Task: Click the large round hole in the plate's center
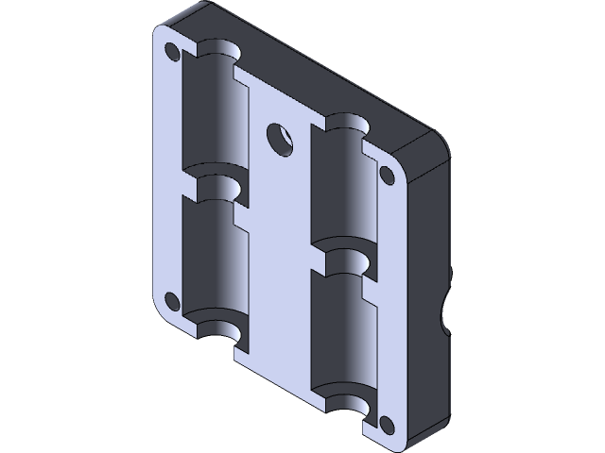tap(280, 138)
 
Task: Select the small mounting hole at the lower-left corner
tap(172, 301)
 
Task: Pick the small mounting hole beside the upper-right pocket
tap(387, 174)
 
